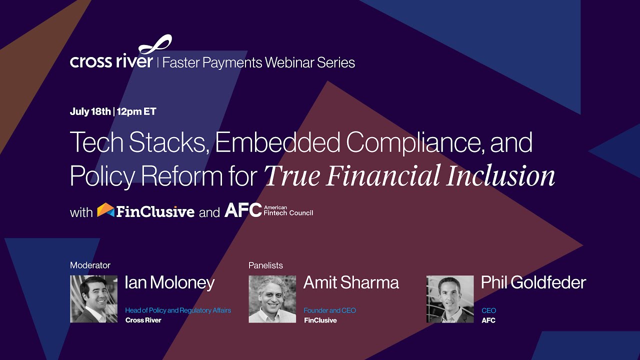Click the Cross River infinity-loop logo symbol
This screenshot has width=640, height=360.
tap(155, 45)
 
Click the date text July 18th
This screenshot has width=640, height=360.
tap(90, 111)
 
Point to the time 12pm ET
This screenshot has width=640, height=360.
tap(136, 111)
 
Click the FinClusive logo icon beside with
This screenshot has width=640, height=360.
tap(105, 210)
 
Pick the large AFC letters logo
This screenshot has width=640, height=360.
tap(243, 210)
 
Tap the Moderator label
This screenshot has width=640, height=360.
tap(90, 265)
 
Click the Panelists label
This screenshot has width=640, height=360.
tap(265, 265)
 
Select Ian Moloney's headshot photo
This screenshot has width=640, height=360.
tap(93, 299)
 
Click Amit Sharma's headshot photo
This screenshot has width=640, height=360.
tap(272, 299)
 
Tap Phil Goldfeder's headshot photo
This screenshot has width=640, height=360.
tap(450, 299)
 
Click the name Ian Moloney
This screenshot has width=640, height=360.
tap(169, 283)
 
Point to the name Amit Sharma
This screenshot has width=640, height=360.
tap(351, 283)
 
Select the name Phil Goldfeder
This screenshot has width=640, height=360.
tap(533, 283)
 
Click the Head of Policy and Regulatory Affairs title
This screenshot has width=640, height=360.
tap(178, 310)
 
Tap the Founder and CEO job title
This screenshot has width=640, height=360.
tap(330, 310)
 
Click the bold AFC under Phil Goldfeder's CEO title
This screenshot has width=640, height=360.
tap(488, 320)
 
